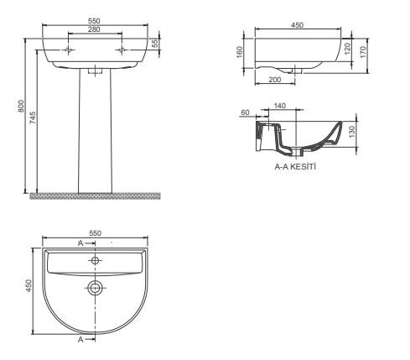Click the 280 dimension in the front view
pos(94,29)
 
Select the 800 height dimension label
pos(21,106)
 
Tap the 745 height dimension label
pos(33,117)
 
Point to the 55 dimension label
pos(155,43)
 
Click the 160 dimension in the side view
pos(240,52)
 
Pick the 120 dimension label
pos(347,49)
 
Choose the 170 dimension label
pos(363,52)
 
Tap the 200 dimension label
pos(275,80)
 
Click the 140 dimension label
pos(280,106)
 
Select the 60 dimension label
pos(245,112)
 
